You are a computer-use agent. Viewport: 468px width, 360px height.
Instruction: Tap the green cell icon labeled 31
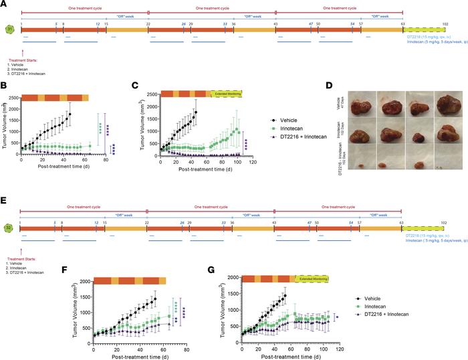[9, 29]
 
